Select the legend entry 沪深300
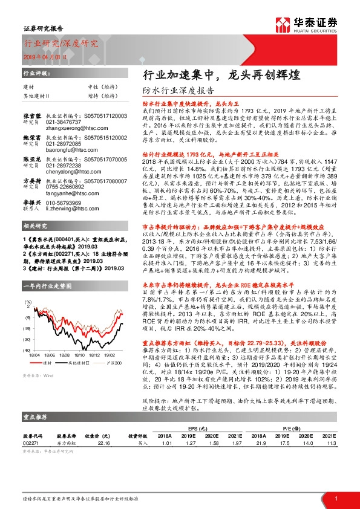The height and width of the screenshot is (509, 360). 111,363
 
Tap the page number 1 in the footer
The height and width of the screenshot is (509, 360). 335,498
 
